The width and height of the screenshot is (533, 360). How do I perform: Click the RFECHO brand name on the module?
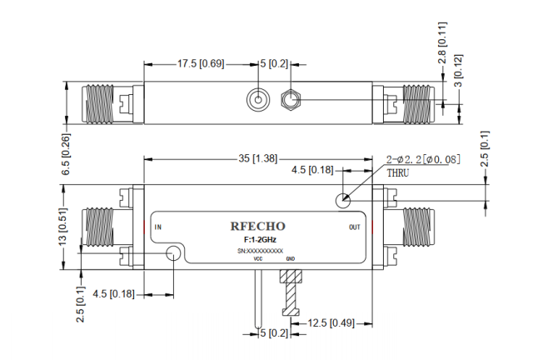[x=257, y=226]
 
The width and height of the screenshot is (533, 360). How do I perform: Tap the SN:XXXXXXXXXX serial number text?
[x=261, y=251]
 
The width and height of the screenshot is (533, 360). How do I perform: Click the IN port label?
[x=158, y=227]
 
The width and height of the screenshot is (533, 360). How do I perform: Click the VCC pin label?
[x=258, y=258]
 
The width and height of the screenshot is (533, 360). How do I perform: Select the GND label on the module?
[x=291, y=258]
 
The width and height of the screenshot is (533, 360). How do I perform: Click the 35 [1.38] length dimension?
[x=259, y=157]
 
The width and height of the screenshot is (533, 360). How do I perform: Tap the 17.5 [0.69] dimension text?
[x=200, y=63]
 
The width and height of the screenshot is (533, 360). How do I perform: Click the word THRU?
[x=397, y=173]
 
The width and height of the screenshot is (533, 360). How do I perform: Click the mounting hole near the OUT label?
[x=341, y=200]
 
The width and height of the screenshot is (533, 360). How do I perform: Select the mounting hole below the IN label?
[x=175, y=253]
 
